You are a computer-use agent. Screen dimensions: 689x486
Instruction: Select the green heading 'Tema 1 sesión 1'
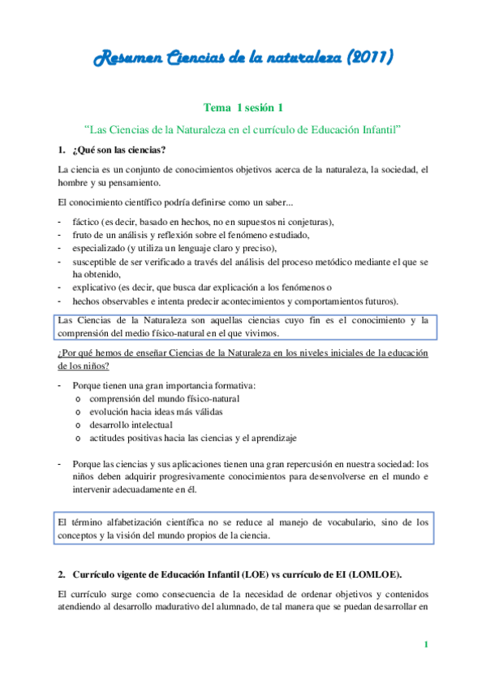(243, 106)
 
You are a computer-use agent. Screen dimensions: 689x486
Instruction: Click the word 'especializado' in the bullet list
(100, 248)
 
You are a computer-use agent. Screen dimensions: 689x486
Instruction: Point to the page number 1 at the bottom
(426, 645)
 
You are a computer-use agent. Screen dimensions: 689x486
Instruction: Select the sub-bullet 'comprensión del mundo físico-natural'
(164, 398)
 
